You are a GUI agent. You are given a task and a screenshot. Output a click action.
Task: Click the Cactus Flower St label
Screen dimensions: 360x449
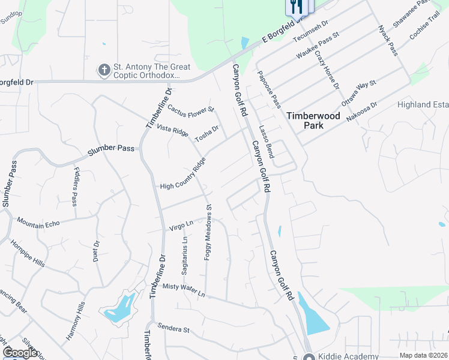tap(190, 109)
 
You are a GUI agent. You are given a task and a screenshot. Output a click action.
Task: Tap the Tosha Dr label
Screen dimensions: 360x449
tap(206, 133)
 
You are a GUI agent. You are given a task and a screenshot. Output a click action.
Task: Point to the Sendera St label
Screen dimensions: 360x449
tap(173, 329)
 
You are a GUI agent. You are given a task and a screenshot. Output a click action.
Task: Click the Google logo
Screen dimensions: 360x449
tap(20, 353)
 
